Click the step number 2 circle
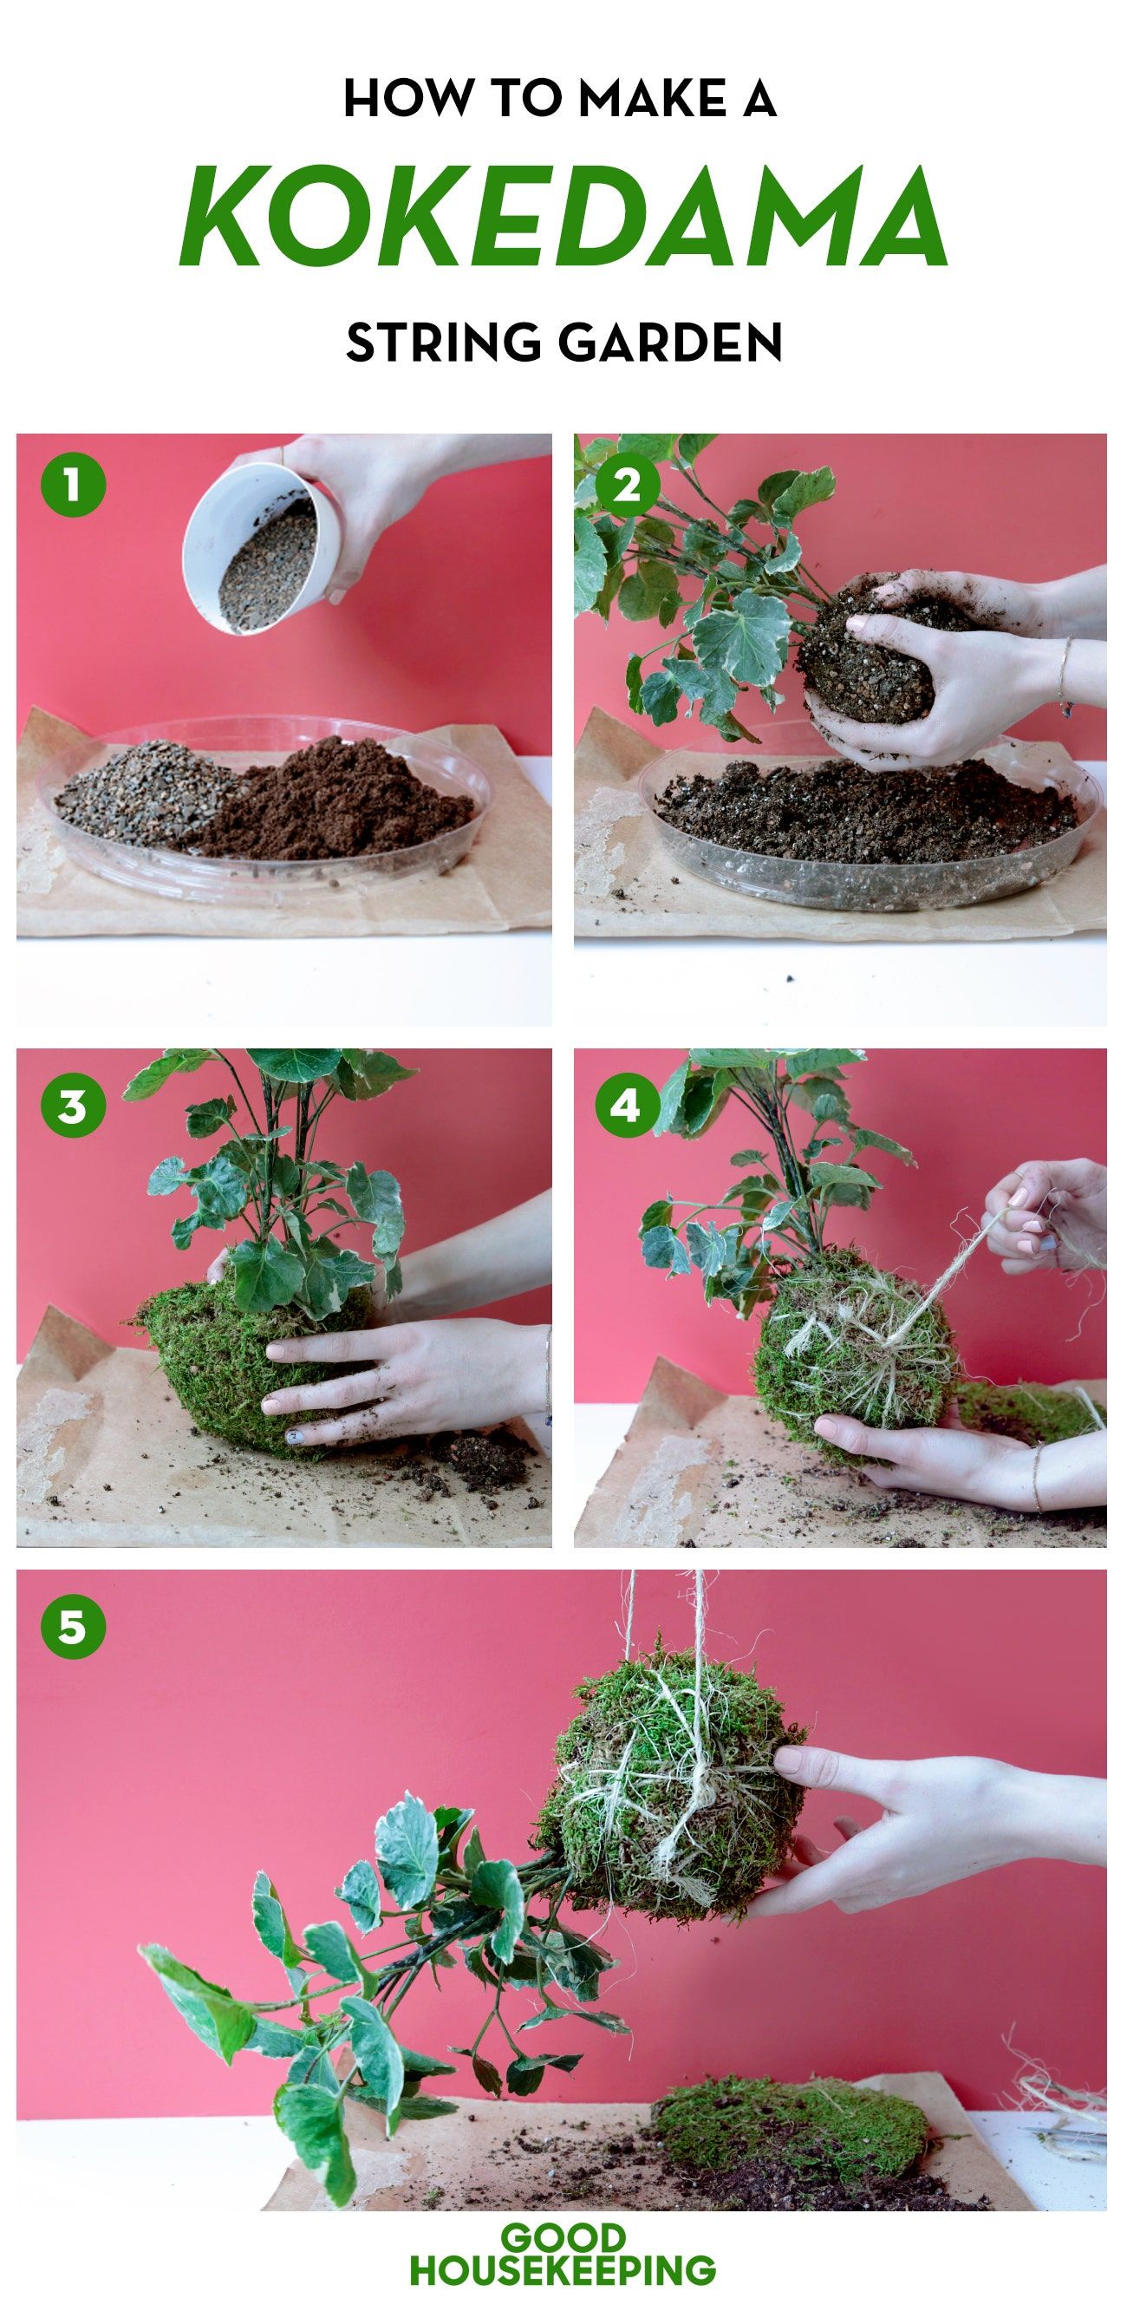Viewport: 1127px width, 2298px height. click(x=627, y=487)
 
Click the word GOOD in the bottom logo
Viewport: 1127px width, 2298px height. click(x=563, y=2238)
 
